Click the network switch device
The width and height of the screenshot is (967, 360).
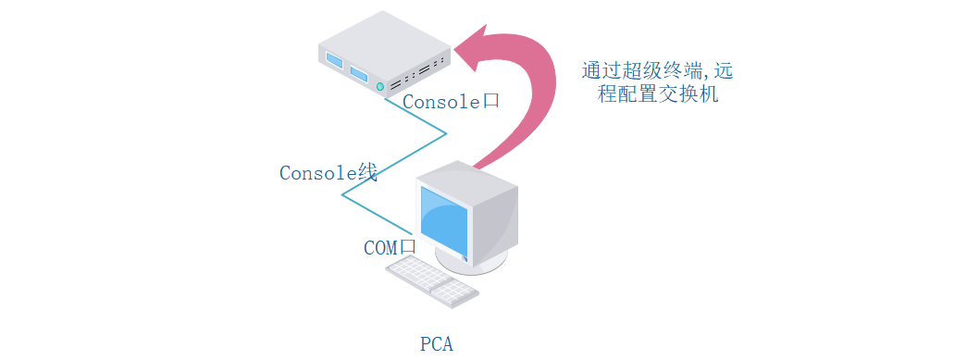pyautogui.click(x=383, y=56)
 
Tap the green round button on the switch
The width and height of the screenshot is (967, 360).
pyautogui.click(x=379, y=86)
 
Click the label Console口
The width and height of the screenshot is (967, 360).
pyautogui.click(x=451, y=102)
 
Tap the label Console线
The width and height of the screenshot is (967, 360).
pyautogui.click(x=329, y=172)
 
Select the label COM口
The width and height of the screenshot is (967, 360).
pyautogui.click(x=390, y=247)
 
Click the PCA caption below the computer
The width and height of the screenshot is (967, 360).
pyautogui.click(x=437, y=344)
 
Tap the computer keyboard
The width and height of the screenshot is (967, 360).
pyautogui.click(x=432, y=280)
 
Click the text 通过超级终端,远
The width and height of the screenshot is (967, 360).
pyautogui.click(x=658, y=71)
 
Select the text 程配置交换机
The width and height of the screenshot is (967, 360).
pyautogui.click(x=658, y=94)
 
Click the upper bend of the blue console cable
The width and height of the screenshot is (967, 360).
pyautogui.click(x=446, y=133)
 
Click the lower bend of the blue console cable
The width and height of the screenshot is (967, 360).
pyautogui.click(x=343, y=195)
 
